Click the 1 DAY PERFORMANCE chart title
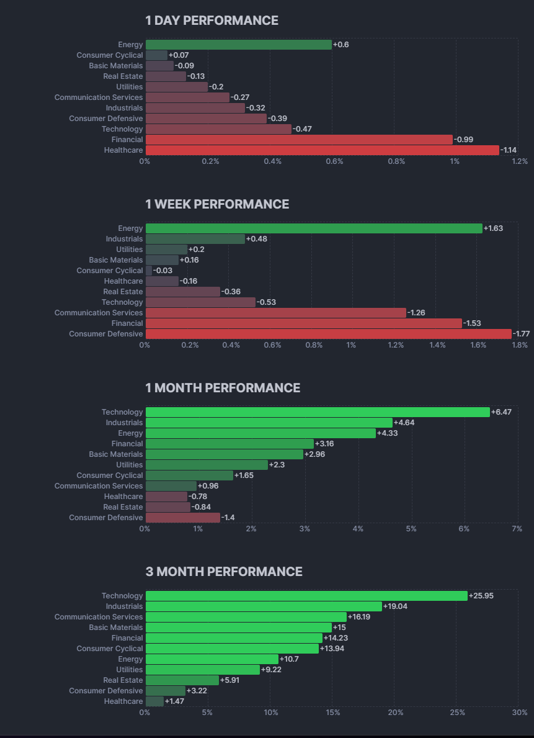coord(211,20)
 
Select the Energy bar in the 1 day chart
coord(239,45)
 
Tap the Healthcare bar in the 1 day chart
coord(323,150)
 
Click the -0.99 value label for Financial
coord(463,140)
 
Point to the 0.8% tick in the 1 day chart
coord(396,161)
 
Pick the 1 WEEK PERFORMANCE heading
coord(217,204)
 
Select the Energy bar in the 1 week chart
coord(314,228)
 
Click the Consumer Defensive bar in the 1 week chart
coord(329,334)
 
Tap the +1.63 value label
coord(493,228)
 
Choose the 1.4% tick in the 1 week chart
coord(437,345)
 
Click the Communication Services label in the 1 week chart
coord(99,313)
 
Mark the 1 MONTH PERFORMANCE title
coord(223,388)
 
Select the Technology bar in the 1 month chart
coord(318,412)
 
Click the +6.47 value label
coord(501,412)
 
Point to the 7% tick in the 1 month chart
coord(517,529)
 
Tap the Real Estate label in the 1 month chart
coord(123,507)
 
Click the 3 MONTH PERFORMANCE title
coord(224,572)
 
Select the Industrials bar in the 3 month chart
coord(264,606)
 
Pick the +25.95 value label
coord(481,596)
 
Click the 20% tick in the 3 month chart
coord(395,713)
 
